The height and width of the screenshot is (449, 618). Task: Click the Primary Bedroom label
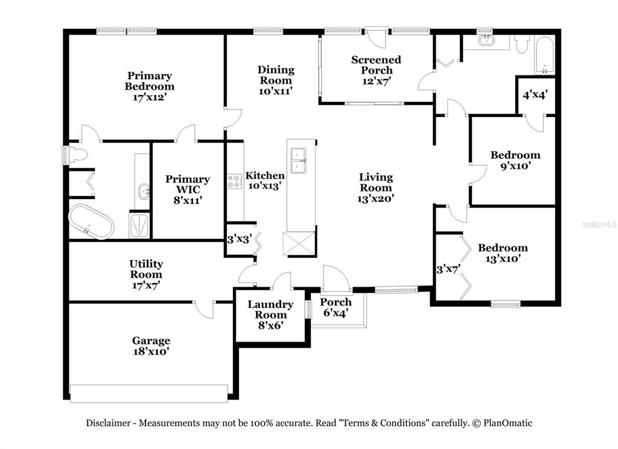tap(149, 86)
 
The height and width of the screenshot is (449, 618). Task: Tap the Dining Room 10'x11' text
tap(276, 80)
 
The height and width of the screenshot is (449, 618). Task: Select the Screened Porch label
tap(376, 70)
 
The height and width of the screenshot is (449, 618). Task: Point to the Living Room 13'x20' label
tap(376, 187)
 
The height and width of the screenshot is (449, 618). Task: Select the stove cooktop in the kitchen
tap(234, 181)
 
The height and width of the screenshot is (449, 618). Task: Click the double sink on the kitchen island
tap(298, 161)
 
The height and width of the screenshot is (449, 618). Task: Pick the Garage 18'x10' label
tap(151, 346)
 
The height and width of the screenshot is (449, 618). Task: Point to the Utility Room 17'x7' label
tap(146, 274)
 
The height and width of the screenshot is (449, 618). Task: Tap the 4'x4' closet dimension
tap(535, 95)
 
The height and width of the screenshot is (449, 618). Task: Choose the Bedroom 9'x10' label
tap(515, 161)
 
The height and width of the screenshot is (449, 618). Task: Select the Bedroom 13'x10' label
tap(503, 253)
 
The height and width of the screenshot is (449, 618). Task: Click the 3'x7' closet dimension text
tap(448, 269)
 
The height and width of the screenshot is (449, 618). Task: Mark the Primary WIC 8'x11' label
tap(188, 189)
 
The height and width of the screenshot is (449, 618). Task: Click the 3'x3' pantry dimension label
tap(238, 238)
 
